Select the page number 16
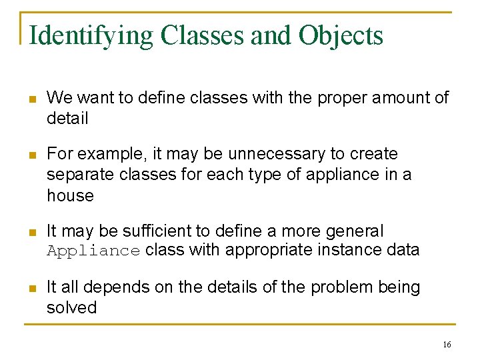(446, 344)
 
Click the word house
(70, 195)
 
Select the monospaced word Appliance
(93, 251)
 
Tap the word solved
(71, 308)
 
